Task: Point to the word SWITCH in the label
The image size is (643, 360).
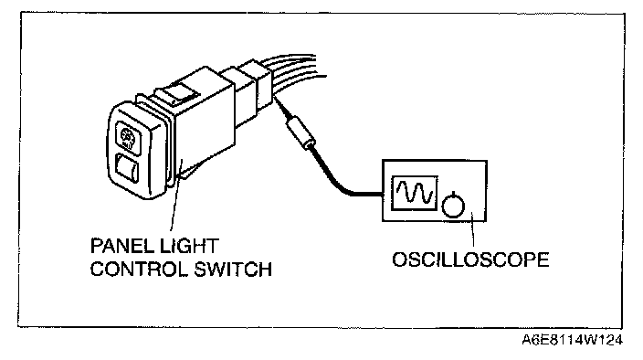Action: [x=233, y=270]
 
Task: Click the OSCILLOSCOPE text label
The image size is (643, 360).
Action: [x=470, y=260]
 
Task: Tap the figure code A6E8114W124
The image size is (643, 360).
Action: [x=572, y=340]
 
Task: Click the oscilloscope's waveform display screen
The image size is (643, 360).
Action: [x=414, y=193]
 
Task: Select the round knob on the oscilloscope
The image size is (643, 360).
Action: [x=453, y=205]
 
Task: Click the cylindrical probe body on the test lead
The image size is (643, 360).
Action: [x=301, y=132]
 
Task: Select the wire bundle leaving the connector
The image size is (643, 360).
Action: [x=293, y=66]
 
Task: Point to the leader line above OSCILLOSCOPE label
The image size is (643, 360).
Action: [x=473, y=229]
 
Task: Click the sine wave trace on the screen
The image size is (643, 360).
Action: [x=414, y=193]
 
